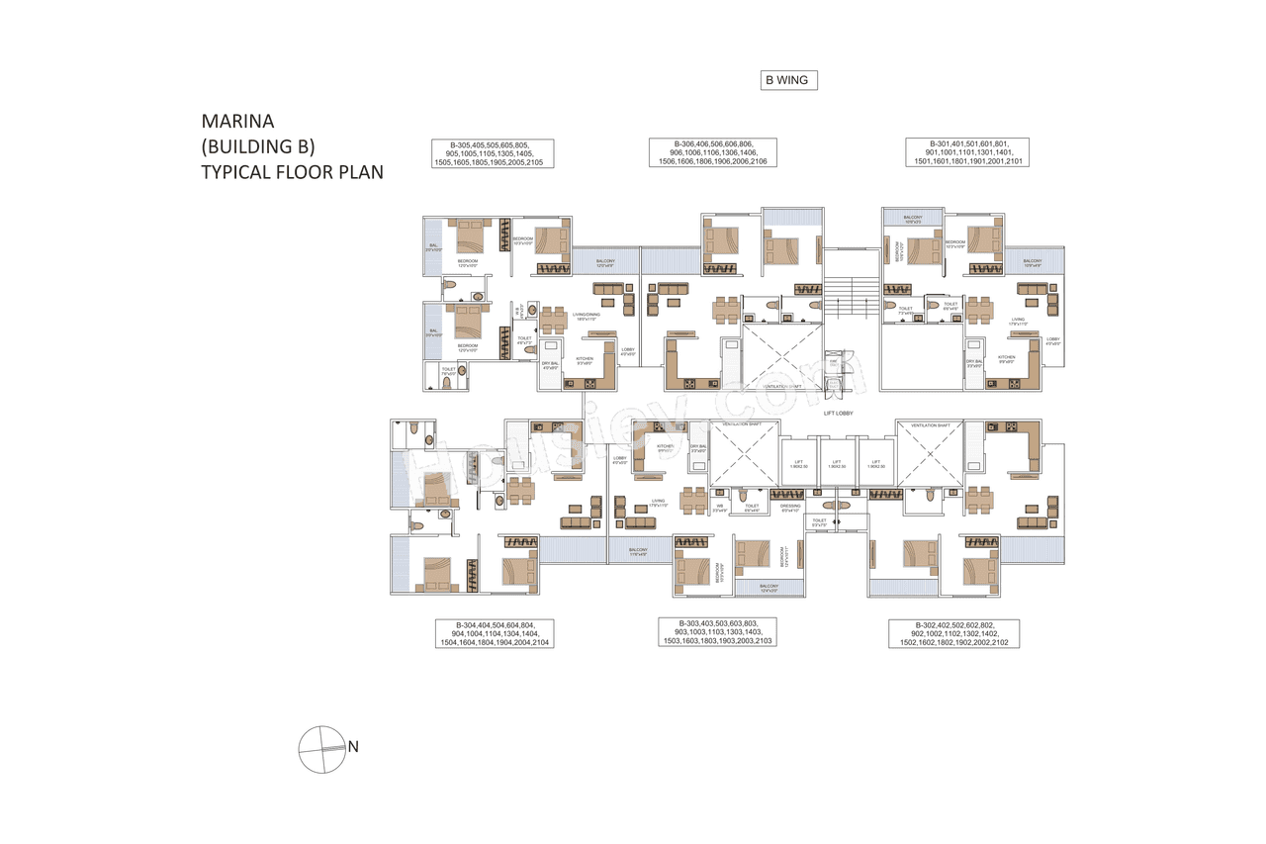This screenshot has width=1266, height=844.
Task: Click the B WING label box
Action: pos(788,80)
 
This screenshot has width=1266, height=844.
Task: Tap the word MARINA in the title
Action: pos(238,122)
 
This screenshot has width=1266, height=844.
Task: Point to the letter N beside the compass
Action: pos(352,747)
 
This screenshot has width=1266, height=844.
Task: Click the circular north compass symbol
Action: pos(320,749)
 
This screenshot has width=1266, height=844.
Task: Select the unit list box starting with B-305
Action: pos(492,153)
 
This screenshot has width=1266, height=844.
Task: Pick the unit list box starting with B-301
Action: pos(968,153)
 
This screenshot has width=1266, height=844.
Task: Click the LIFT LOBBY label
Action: pos(838,413)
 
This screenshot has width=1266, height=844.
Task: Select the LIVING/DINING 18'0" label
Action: pos(587,317)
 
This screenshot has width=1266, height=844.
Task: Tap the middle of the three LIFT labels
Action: pos(836,463)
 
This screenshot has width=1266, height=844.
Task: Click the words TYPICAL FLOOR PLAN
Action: pos(293,172)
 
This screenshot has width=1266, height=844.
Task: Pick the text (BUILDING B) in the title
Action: pos(258,147)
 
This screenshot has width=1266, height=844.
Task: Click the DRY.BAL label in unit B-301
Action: pos(975,362)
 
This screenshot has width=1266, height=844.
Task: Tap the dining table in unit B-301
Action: pos(979,308)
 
